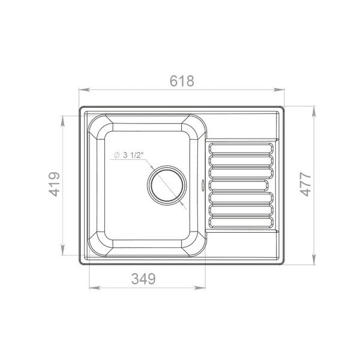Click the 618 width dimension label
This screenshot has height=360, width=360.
182,81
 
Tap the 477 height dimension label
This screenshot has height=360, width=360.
305,184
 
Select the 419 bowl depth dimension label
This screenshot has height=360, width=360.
55,184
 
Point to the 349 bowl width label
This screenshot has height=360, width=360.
143,278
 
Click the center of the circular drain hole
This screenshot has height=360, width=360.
167,185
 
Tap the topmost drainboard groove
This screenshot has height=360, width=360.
241,148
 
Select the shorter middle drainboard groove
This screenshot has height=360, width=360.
239,185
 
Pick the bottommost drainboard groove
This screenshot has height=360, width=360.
241,222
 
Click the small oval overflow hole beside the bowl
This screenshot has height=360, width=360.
203,185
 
